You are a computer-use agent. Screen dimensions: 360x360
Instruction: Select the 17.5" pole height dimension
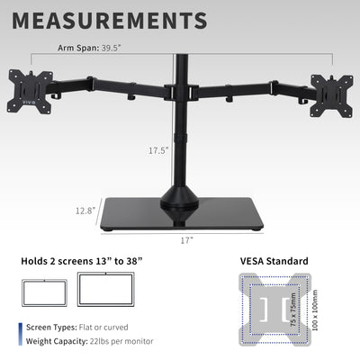158,150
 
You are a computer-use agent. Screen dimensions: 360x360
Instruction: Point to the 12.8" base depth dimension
85,211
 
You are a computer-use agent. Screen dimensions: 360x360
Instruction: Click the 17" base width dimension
186,240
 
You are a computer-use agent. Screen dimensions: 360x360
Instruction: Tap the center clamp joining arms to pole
181,92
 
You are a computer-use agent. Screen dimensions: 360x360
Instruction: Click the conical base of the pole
181,195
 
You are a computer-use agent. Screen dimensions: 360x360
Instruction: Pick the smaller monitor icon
44,292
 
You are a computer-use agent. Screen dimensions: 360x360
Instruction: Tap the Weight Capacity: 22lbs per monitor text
89,341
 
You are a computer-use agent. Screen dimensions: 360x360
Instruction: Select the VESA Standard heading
274,262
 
